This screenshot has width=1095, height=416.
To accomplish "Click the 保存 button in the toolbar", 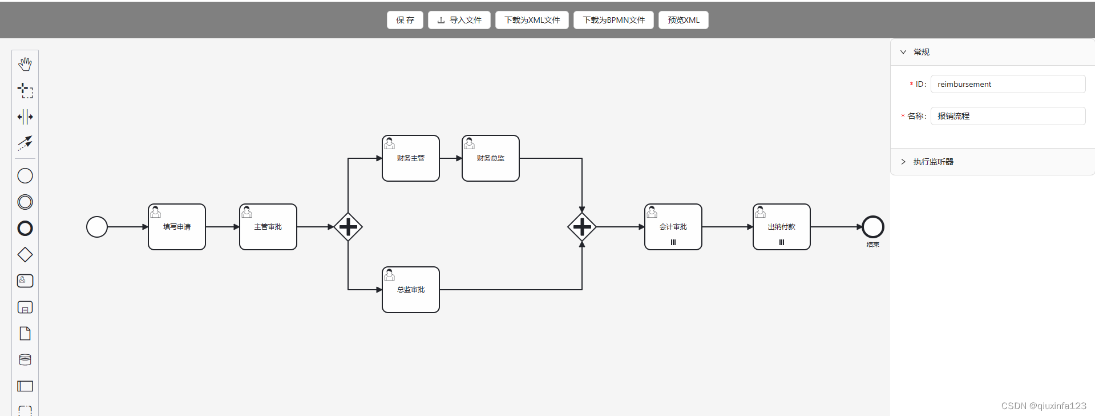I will [x=405, y=20].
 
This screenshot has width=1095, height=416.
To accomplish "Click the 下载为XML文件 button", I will [x=532, y=20].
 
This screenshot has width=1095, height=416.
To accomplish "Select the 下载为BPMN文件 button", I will [x=613, y=20].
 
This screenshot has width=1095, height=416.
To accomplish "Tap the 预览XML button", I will [x=683, y=20].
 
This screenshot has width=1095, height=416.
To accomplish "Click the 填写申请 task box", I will [x=177, y=227].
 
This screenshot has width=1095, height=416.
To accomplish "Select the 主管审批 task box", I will [x=268, y=227].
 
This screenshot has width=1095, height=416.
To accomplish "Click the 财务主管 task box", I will [x=411, y=158].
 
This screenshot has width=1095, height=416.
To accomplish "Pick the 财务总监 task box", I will [x=491, y=158].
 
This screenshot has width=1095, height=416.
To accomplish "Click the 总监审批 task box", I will [x=411, y=290].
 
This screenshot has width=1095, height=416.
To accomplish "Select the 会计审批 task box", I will [x=673, y=227].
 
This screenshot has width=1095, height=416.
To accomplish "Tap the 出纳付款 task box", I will [x=782, y=227].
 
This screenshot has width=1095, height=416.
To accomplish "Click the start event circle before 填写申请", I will [x=97, y=227].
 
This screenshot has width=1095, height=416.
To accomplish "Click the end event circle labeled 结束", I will [x=872, y=227].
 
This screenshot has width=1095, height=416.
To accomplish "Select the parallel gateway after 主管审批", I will [x=348, y=227].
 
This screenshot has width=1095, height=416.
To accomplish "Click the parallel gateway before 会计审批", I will [x=582, y=227].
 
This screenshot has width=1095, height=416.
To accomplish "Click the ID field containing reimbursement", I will [x=1007, y=84].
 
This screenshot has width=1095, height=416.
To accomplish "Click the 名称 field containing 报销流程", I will [x=1007, y=116].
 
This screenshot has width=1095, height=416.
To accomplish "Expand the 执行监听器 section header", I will [x=933, y=162].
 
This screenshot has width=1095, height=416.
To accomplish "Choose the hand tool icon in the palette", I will [x=25, y=64].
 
